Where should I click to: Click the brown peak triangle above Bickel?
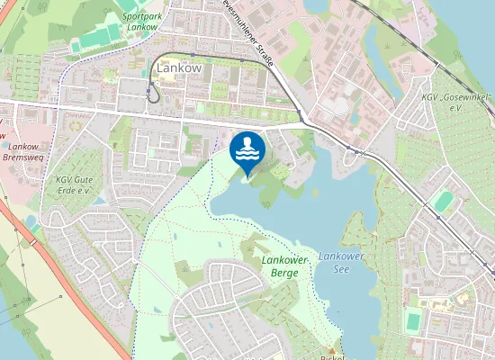pyautogui.click(x=331, y=349)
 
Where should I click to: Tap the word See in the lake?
pyautogui.click(x=340, y=268)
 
